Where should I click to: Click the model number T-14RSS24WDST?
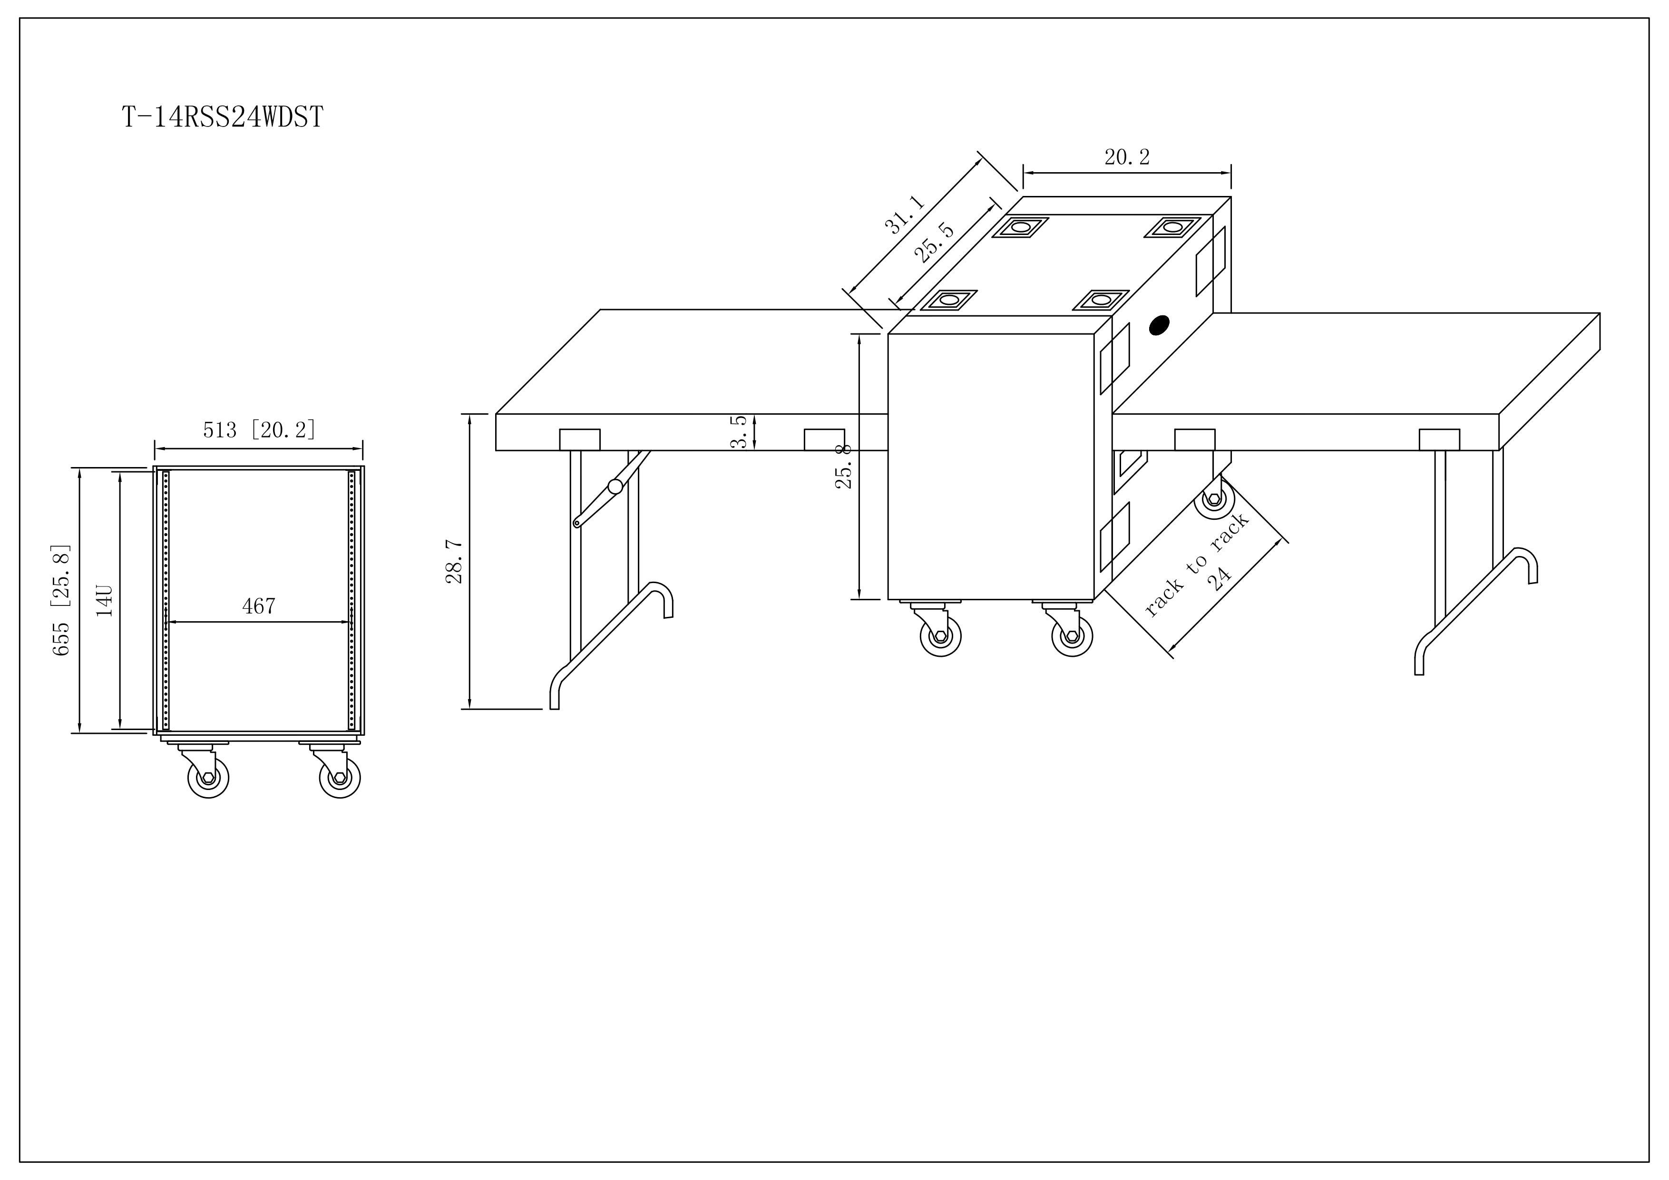223,117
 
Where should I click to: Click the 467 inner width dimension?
259,606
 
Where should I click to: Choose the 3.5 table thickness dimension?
739,432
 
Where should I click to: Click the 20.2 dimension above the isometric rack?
1127,157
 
